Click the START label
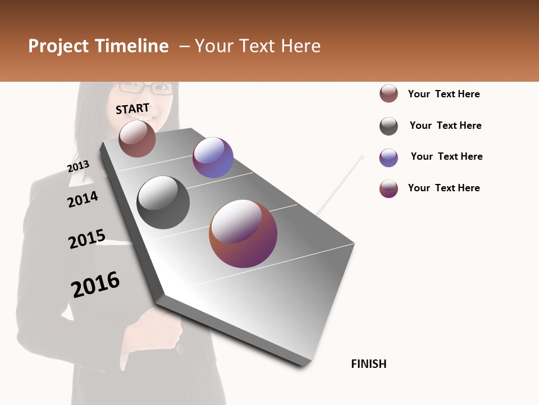(x=133, y=109)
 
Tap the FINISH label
(x=368, y=364)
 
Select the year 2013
(x=78, y=166)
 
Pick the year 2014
(x=83, y=199)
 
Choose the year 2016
(x=95, y=285)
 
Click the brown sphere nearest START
(x=137, y=138)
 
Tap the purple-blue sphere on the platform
(x=213, y=157)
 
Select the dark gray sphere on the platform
(x=163, y=202)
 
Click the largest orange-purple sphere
(x=243, y=233)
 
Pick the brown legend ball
(x=389, y=94)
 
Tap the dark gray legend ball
(x=389, y=126)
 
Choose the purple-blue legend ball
(x=389, y=157)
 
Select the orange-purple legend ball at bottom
(x=389, y=188)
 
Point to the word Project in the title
(x=58, y=46)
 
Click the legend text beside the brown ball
(x=444, y=94)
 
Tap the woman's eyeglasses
(x=144, y=88)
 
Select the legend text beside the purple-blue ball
(x=446, y=156)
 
